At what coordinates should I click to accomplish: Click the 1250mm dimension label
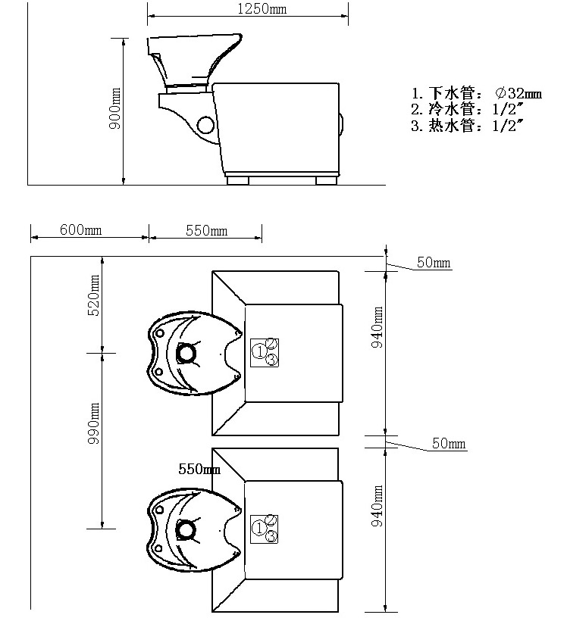[262, 9]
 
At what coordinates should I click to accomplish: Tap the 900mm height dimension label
[115, 108]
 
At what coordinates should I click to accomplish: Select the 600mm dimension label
[81, 229]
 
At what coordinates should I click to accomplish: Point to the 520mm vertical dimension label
[92, 295]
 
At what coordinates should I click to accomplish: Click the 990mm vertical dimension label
[93, 423]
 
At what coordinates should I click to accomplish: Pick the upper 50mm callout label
[434, 262]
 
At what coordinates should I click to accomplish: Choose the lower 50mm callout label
[449, 443]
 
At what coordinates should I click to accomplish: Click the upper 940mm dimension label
[377, 327]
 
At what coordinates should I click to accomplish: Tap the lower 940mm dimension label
[377, 506]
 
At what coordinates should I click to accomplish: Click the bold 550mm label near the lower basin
[199, 469]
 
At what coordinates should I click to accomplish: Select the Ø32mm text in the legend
[518, 93]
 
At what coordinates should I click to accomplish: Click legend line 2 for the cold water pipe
[468, 109]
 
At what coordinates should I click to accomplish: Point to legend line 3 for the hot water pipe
[468, 126]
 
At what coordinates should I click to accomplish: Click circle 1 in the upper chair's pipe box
[259, 351]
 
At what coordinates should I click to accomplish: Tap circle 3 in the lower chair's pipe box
[271, 536]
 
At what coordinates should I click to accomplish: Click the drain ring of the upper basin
[186, 352]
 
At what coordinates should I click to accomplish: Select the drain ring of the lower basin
[186, 529]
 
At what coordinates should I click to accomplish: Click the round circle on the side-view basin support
[205, 125]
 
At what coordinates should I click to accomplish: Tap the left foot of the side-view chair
[238, 180]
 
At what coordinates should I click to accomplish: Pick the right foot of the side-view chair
[326, 180]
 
